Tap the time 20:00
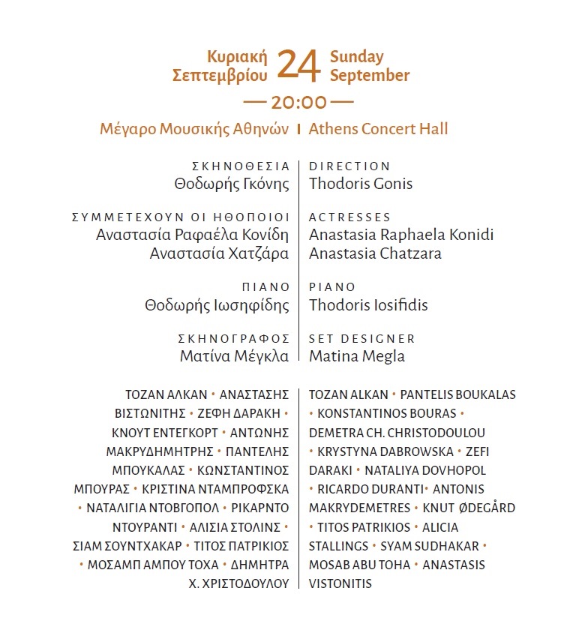tap(298, 102)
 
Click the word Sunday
tap(356, 57)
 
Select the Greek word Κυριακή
tap(239, 57)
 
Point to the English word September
tap(370, 76)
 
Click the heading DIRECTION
tap(349, 166)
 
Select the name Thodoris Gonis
tap(361, 184)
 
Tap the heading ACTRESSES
tap(349, 217)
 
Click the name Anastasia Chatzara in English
tap(375, 253)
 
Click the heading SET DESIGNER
tap(362, 339)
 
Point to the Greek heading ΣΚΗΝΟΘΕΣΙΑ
tap(240, 166)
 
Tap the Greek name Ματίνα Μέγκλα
tap(234, 356)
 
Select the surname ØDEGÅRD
tap(485, 508)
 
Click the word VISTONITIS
tap(340, 583)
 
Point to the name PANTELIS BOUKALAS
tap(458, 394)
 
